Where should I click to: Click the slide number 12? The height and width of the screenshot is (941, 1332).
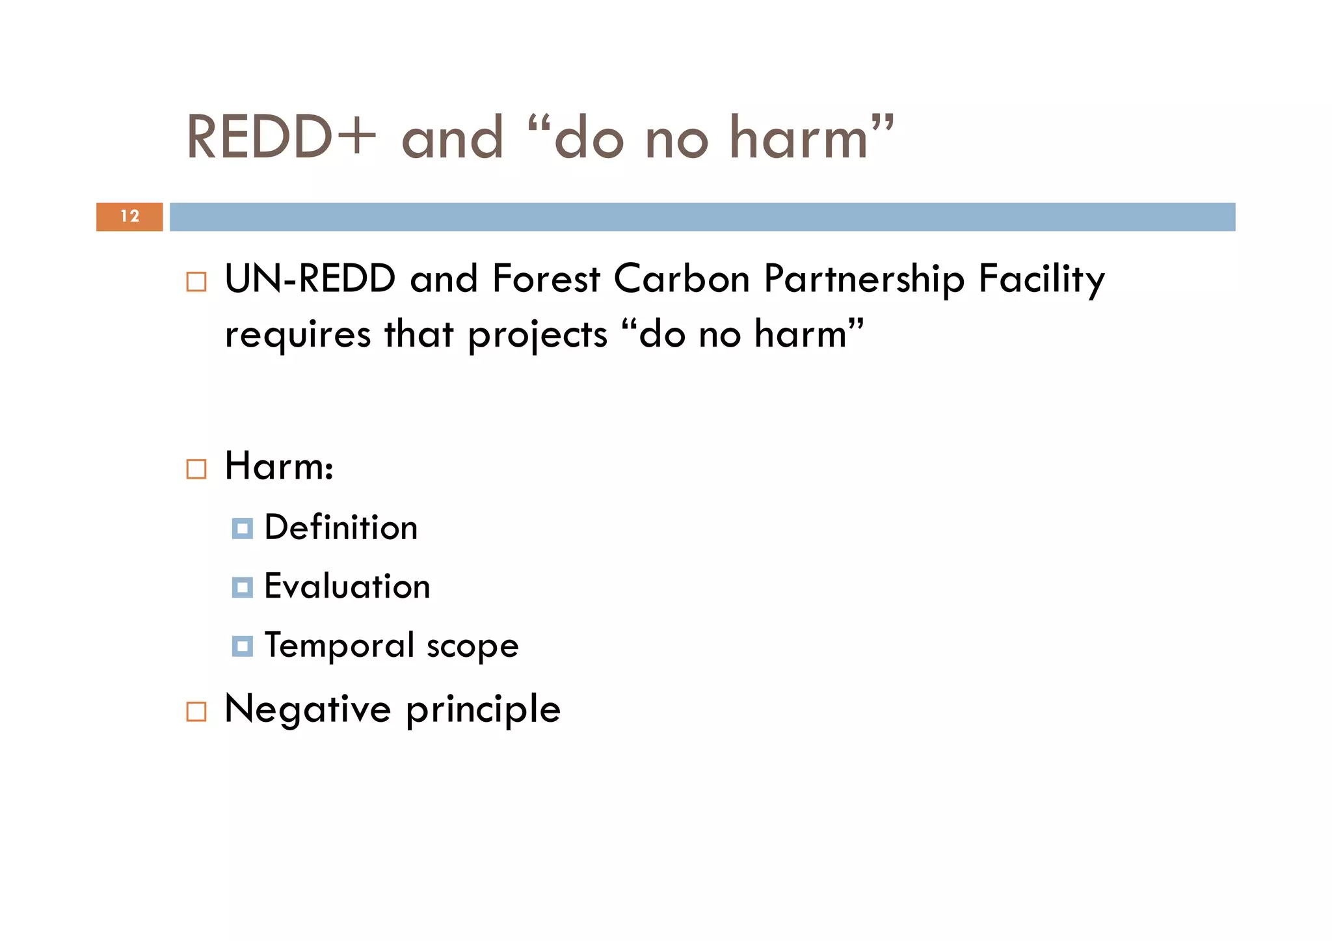129,217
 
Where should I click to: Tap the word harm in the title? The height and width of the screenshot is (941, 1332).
799,138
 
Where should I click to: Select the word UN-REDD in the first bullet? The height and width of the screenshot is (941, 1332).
310,279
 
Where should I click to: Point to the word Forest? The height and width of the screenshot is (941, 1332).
546,279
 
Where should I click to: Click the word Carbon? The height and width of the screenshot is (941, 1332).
682,279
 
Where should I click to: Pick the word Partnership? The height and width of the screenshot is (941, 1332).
864,280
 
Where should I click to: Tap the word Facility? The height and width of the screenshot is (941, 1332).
1041,280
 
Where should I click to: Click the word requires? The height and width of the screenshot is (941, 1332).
297,336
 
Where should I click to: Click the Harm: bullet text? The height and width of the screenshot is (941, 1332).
279,466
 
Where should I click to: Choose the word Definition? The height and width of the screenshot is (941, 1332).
341,527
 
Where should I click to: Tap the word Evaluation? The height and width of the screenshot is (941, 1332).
347,587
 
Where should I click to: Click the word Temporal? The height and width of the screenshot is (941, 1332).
339,646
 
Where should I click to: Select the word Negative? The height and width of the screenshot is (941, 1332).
307,709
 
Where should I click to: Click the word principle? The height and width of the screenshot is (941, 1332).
483,710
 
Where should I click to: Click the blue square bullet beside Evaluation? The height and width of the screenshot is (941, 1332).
242,588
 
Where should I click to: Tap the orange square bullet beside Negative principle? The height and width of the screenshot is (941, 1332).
196,711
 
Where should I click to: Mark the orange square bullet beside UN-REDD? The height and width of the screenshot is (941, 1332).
196,282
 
